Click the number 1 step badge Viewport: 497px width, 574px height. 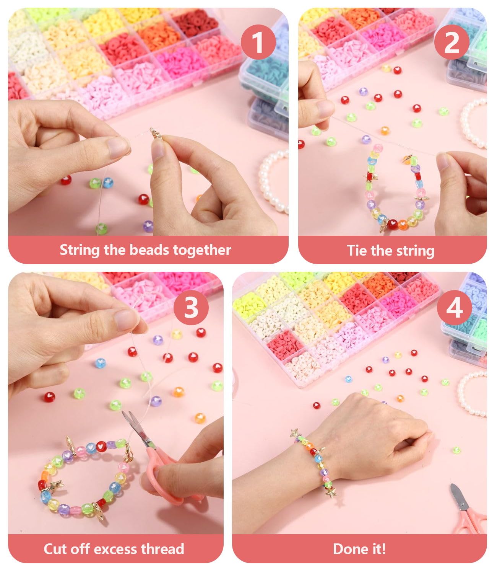(258, 42)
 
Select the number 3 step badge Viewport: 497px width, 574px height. (191, 307)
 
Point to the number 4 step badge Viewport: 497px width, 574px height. (454, 307)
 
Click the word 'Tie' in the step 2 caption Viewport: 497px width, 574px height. (357, 251)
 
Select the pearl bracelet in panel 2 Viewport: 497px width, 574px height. (474, 122)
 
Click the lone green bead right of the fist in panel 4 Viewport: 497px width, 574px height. (456, 450)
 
